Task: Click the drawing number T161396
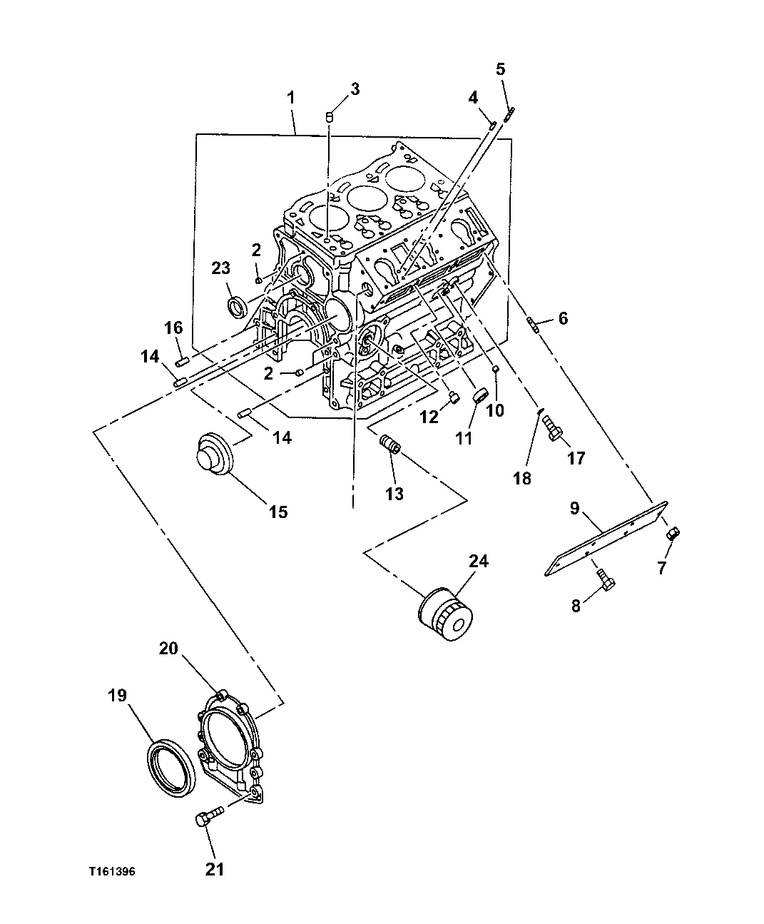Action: [112, 872]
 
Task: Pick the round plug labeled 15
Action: [214, 451]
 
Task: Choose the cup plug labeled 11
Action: [480, 395]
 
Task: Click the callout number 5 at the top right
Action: [500, 69]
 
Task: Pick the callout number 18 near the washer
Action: [522, 478]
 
